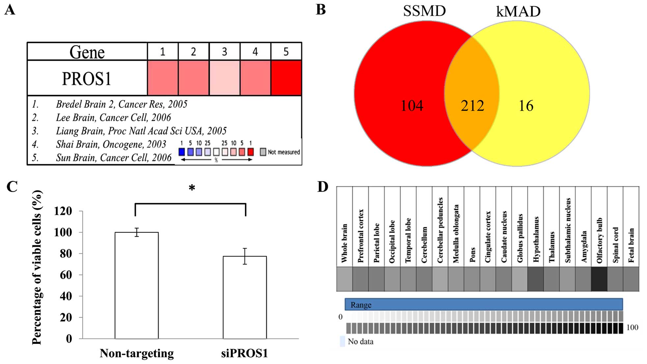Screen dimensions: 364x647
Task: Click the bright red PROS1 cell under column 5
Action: click(x=286, y=78)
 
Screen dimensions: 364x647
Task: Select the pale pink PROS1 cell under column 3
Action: click(x=224, y=78)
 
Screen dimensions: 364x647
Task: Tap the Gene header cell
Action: click(x=87, y=52)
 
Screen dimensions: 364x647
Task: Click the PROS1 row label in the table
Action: click(x=87, y=78)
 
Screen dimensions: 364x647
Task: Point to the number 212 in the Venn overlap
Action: click(x=472, y=106)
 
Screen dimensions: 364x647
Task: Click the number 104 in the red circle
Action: click(x=411, y=106)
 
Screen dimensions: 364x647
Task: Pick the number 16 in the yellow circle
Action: click(x=526, y=106)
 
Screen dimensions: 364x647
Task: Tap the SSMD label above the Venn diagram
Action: click(x=424, y=11)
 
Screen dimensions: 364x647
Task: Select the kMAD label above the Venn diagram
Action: click(x=518, y=12)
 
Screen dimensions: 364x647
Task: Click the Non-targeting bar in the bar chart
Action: click(x=136, y=285)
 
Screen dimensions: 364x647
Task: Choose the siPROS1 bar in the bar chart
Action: click(x=244, y=297)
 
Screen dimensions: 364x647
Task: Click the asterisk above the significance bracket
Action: click(x=192, y=188)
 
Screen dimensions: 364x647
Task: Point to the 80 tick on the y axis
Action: click(x=66, y=254)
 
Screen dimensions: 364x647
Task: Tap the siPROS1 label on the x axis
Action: click(x=244, y=353)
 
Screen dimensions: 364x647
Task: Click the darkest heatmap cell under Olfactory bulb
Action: click(x=599, y=279)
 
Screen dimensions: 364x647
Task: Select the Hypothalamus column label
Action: click(x=536, y=239)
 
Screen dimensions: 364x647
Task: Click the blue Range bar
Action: click(x=483, y=304)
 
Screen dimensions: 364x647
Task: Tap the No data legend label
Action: click(x=360, y=342)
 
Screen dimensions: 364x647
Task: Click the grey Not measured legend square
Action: click(x=263, y=152)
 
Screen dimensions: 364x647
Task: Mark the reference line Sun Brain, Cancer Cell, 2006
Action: click(x=114, y=158)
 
